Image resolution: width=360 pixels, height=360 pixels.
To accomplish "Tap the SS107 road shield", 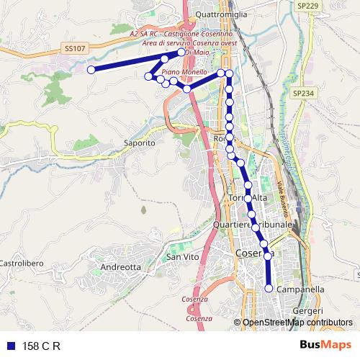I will click(74, 49).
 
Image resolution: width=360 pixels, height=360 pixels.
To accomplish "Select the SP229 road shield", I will click(307, 6).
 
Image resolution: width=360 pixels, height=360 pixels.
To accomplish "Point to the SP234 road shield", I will click(303, 94).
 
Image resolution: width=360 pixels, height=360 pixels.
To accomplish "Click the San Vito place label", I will click(182, 257).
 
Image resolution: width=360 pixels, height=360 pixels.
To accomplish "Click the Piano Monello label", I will click(179, 73).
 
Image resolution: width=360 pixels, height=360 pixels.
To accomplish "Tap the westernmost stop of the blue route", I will click(91, 70).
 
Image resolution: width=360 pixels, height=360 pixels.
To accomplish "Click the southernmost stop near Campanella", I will click(269, 289).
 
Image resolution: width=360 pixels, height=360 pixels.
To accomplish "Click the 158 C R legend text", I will click(41, 346).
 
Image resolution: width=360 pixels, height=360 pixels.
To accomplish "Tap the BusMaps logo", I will click(326, 346).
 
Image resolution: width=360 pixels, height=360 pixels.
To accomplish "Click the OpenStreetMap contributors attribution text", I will click(297, 323).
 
